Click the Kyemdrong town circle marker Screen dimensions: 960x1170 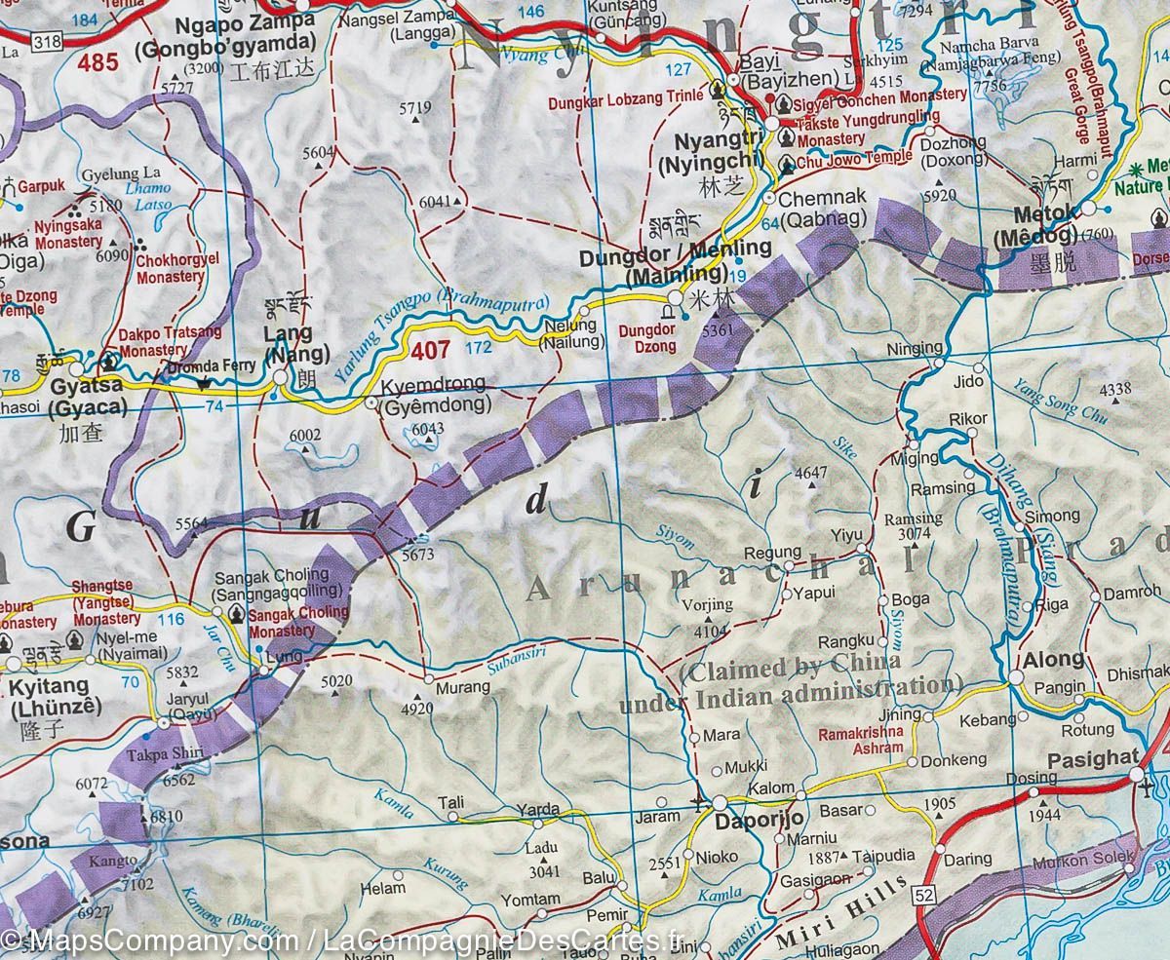point(371,402)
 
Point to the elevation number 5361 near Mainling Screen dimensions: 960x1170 point(722,330)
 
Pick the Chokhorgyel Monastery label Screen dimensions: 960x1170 point(170,269)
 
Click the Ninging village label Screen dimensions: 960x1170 point(914,348)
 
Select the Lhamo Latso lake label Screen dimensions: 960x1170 point(147,197)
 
